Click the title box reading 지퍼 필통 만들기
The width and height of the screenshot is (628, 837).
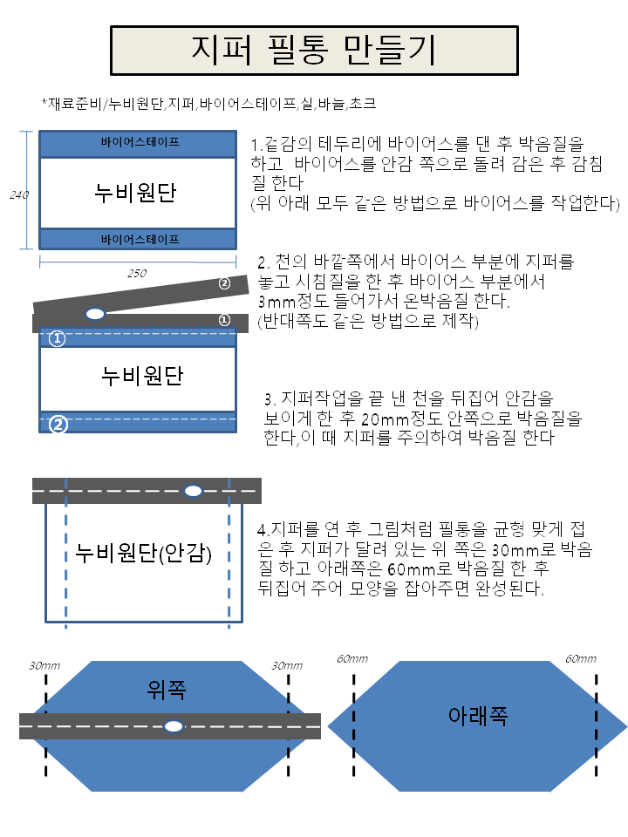pos(314,51)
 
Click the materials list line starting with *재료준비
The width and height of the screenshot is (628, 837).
pos(208,104)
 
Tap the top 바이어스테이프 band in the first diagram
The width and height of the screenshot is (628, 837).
pos(138,144)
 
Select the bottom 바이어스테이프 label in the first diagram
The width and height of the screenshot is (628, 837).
pos(140,240)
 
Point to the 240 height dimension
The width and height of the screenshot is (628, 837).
pos(18,194)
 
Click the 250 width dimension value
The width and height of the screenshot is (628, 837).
pos(137,273)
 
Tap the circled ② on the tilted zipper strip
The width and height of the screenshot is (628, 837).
pos(224,283)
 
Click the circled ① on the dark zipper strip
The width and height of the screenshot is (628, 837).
pos(224,320)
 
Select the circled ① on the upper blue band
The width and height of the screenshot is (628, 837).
pos(58,338)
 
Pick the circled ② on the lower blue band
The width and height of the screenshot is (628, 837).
pos(58,425)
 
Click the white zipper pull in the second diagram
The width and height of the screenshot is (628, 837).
pos(95,314)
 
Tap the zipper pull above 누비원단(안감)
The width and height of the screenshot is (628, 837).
pos(193,491)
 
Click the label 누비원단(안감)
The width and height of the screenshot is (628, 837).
pos(143,553)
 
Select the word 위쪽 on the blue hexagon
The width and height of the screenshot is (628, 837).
pos(167,690)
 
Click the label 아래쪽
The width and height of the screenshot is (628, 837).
pos(478,715)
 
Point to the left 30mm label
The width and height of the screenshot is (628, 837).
pos(44,665)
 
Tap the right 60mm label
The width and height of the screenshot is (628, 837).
pos(581,659)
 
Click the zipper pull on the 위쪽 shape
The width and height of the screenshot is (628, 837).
pos(174,726)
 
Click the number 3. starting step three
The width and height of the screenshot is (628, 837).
pos(270,399)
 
